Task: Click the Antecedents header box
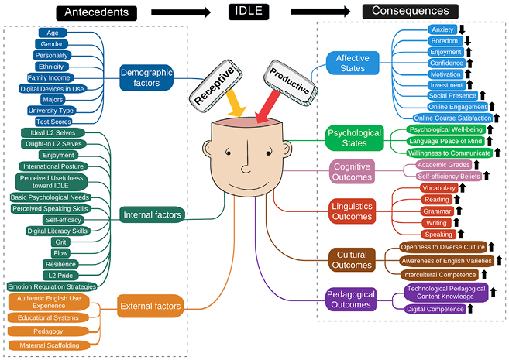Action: pos(96,12)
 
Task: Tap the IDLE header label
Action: pos(249,11)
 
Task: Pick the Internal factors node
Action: pos(152,214)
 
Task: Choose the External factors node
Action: pos(151,306)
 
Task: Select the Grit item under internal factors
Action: pos(60,242)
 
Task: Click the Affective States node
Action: pos(353,63)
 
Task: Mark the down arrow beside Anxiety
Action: pos(461,29)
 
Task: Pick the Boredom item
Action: pos(445,40)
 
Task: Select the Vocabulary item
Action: pos(438,188)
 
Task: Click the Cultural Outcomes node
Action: pos(352,260)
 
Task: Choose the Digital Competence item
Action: pos(435,309)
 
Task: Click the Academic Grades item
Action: pos(442,165)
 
